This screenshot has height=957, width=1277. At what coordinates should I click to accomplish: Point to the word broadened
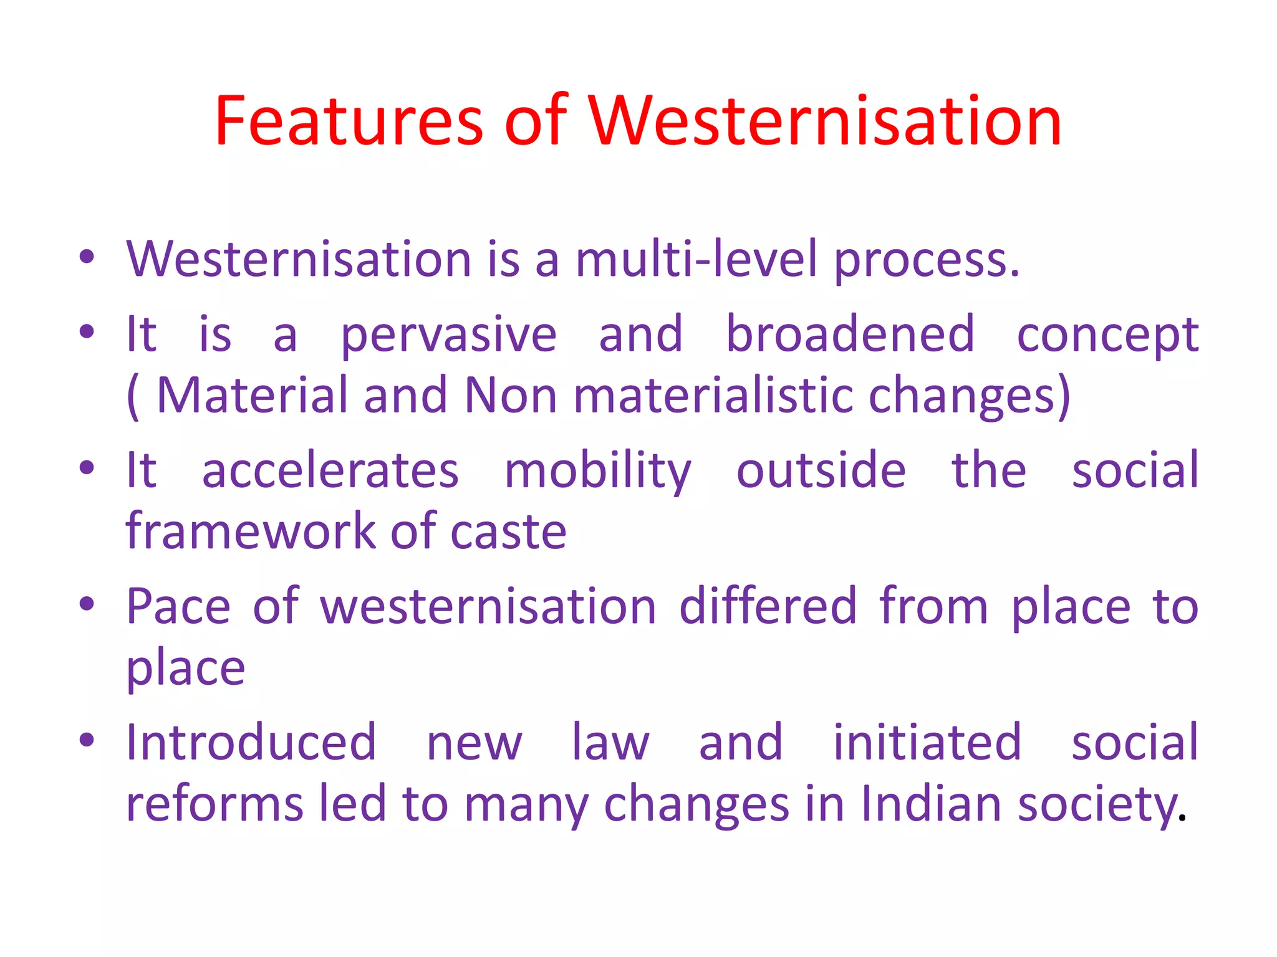pyautogui.click(x=850, y=334)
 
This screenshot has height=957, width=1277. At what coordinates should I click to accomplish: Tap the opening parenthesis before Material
pyautogui.click(x=132, y=396)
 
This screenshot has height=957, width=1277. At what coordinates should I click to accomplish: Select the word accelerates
pyautogui.click(x=330, y=470)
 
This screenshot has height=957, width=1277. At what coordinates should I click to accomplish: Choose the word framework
pyautogui.click(x=250, y=531)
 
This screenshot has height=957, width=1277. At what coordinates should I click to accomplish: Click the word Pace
pyautogui.click(x=178, y=606)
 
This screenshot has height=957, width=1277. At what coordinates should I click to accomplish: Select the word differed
pyautogui.click(x=768, y=606)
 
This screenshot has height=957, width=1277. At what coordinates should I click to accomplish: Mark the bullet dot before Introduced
pyautogui.click(x=87, y=740)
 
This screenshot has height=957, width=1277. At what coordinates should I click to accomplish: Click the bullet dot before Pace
pyautogui.click(x=87, y=603)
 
